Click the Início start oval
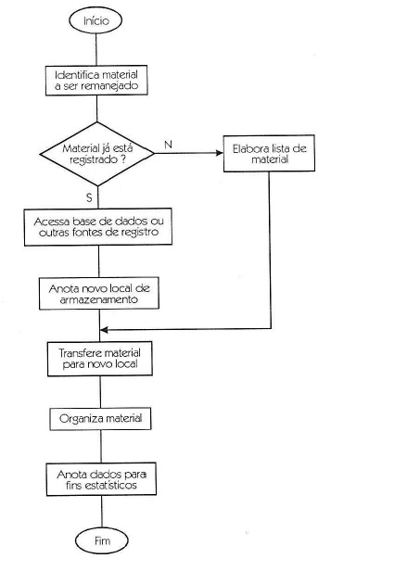[95, 20]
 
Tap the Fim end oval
[102, 540]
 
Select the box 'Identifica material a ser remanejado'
[96, 81]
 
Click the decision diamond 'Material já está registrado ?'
[97, 154]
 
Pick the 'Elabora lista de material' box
[269, 153]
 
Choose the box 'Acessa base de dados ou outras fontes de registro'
[98, 227]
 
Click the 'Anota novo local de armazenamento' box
[99, 294]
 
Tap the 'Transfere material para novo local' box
[100, 359]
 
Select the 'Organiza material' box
[100, 419]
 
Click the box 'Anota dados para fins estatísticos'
[101, 479]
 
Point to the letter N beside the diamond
[168, 145]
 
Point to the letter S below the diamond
[89, 197]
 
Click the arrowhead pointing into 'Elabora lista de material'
[220, 153]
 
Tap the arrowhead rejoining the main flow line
[104, 330]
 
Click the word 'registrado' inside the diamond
[94, 159]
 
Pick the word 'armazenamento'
[99, 299]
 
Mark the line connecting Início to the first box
[96, 49]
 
